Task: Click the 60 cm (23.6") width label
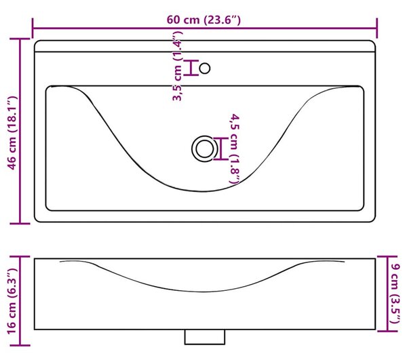[x=203, y=20]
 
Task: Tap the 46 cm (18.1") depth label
[x=12, y=133]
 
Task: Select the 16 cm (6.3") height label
[x=12, y=302]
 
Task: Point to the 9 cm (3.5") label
[x=395, y=294]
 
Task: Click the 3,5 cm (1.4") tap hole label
[x=178, y=66]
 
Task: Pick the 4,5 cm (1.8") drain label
[x=234, y=149]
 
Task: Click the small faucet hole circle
[x=205, y=68]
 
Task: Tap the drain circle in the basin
[x=205, y=149]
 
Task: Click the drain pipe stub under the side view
[x=205, y=337]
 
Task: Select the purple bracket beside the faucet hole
[x=191, y=68]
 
